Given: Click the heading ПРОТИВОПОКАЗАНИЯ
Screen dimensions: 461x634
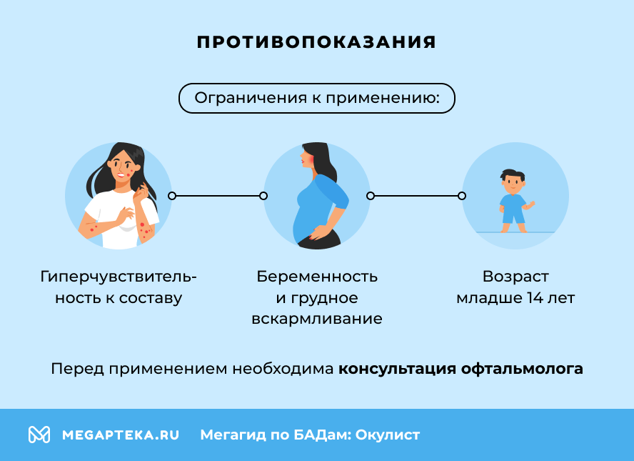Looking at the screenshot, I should (x=316, y=42).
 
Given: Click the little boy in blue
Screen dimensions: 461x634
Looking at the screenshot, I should (x=513, y=201).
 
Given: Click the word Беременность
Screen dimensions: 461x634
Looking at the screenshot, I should (x=317, y=277).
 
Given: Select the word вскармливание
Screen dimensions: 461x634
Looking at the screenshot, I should (x=317, y=319).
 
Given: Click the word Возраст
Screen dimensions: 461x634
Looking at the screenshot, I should (x=515, y=277).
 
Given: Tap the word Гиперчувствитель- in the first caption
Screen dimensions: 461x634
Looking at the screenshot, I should (x=119, y=277).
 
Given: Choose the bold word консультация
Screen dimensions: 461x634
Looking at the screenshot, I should (x=397, y=370).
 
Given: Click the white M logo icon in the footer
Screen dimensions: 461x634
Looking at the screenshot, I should (x=39, y=435).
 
